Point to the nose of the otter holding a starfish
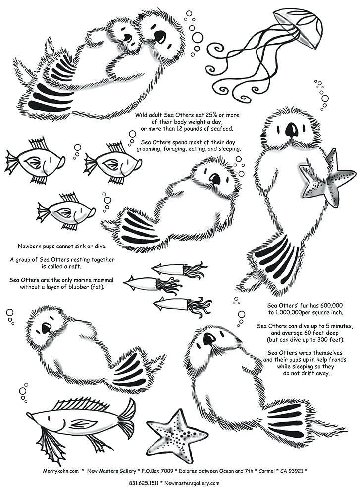292,130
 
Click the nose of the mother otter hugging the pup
159,36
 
